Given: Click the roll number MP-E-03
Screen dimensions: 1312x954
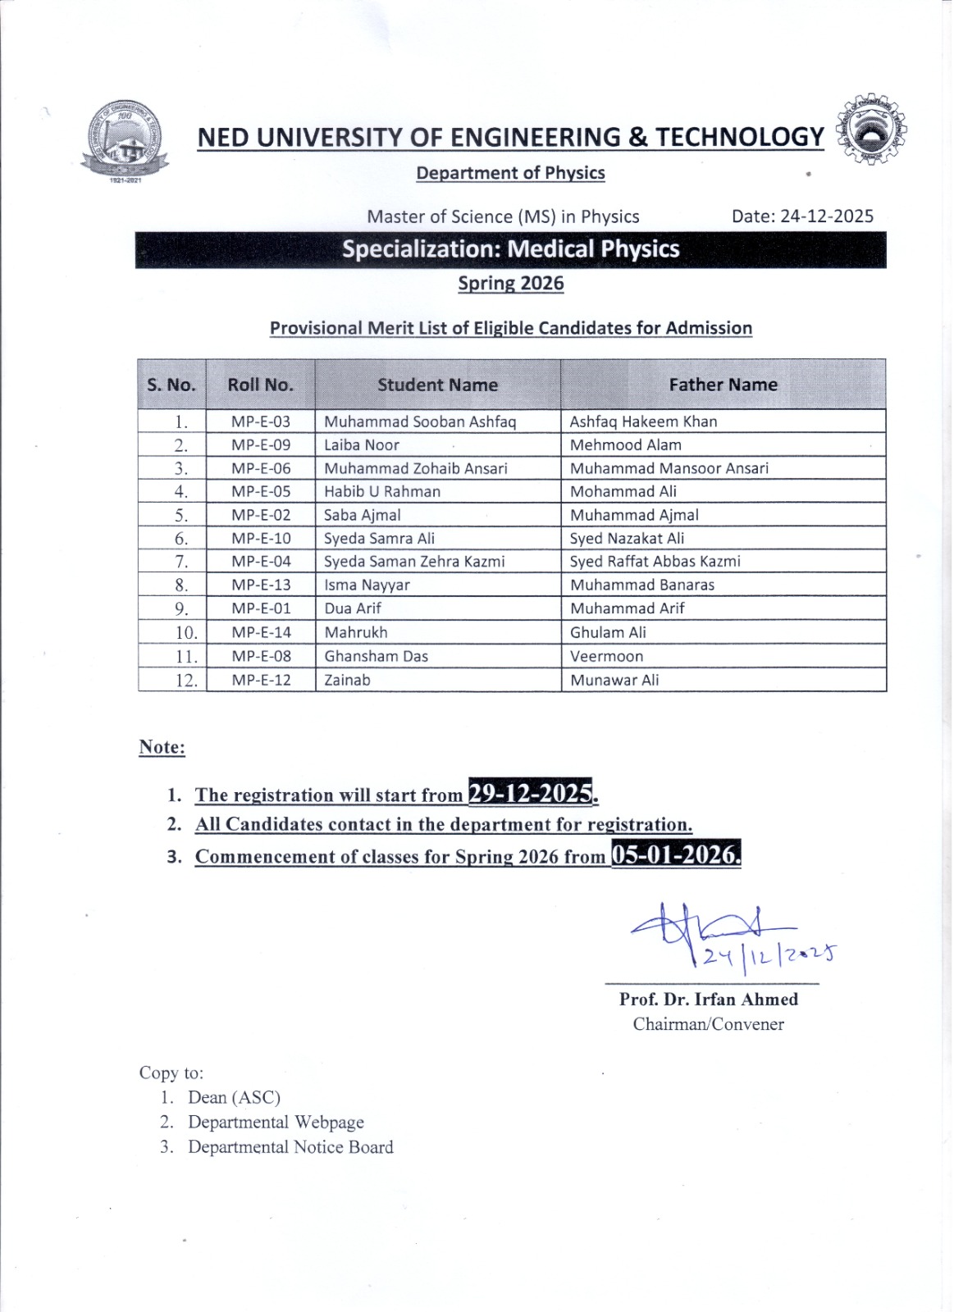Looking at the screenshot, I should coord(261,421).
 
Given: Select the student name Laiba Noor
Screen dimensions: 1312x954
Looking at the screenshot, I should coord(362,445).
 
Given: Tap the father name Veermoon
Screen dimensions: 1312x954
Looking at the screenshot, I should coord(606,656).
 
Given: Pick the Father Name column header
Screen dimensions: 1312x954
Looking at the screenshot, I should coord(723,385).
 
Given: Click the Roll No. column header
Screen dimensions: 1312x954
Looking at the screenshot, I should coord(260,385).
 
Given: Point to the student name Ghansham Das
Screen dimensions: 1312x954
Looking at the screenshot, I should coord(376,656).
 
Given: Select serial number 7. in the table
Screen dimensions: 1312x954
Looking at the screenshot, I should coord(181,562).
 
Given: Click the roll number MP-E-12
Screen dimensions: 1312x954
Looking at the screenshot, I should coord(261,680).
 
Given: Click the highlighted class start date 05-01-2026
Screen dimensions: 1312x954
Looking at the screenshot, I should coord(675,854).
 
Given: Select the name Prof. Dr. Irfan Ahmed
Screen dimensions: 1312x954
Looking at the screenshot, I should coord(709,999).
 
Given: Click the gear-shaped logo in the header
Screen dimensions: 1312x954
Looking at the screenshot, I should coord(872,130).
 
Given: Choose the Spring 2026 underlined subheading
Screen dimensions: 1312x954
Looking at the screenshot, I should coord(510,284).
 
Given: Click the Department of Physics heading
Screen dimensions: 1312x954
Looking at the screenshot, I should coord(510,173).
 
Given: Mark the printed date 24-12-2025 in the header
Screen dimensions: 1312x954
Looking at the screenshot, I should coord(802,216).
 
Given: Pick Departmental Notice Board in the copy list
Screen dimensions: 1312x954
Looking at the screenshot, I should coord(290,1146).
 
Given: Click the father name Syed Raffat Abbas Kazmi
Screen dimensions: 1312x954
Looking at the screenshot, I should coord(655,562).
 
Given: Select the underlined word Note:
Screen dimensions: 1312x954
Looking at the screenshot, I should coord(162,747).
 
